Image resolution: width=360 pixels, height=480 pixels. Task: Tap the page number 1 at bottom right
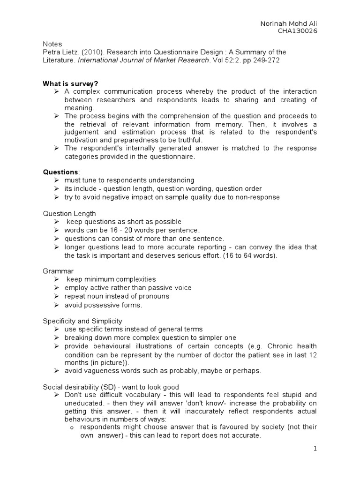point(315,449)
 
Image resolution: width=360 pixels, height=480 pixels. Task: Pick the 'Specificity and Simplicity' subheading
point(82,321)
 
